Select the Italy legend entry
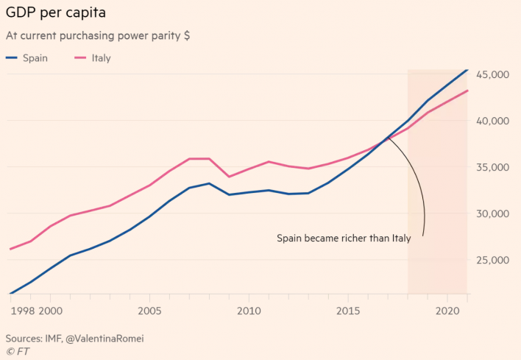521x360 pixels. coord(101,57)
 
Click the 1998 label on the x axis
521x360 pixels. coord(23,311)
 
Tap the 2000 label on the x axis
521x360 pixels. coord(51,311)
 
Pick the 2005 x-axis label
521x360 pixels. coord(149,311)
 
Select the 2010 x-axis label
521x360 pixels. coord(248,311)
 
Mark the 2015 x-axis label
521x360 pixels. coord(347,311)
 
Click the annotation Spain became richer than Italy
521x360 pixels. coord(344,239)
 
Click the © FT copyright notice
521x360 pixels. coord(18,352)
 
